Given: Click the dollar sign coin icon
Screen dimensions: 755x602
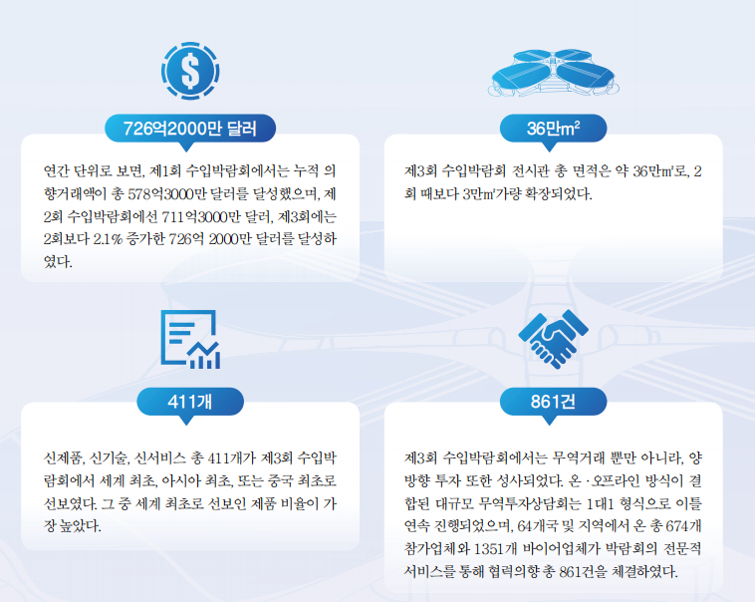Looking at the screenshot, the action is click(x=190, y=71).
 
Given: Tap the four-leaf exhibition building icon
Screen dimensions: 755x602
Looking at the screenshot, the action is click(x=553, y=73).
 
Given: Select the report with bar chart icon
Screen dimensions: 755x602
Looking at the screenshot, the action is click(x=190, y=339).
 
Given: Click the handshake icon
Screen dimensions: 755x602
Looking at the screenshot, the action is click(x=553, y=339).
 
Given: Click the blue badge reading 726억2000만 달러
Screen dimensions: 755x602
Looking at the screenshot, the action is click(x=190, y=129).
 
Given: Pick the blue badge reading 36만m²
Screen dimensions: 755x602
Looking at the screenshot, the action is click(x=553, y=129).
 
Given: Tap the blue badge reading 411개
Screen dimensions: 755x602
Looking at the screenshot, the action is click(x=190, y=402).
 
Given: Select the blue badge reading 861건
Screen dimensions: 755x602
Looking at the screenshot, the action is click(x=553, y=402).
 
